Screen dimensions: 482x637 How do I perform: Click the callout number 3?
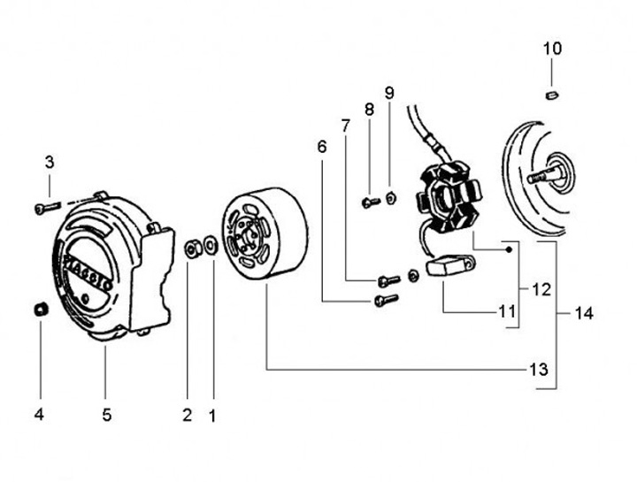[50, 163]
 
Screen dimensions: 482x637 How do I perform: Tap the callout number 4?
[39, 414]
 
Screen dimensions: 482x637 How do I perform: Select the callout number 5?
[106, 414]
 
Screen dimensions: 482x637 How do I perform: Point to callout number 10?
[552, 49]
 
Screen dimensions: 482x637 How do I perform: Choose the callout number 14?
[583, 313]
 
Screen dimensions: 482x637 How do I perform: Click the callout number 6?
[322, 146]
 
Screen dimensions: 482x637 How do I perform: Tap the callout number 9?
[389, 93]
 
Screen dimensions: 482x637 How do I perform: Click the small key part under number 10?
[551, 94]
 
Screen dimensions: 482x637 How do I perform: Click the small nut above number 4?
[39, 310]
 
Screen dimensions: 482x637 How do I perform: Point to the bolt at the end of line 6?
[382, 302]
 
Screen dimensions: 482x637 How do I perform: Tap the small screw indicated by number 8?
[370, 203]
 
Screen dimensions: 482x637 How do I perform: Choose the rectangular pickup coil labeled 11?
[449, 265]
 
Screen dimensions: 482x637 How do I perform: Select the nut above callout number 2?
[190, 248]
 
